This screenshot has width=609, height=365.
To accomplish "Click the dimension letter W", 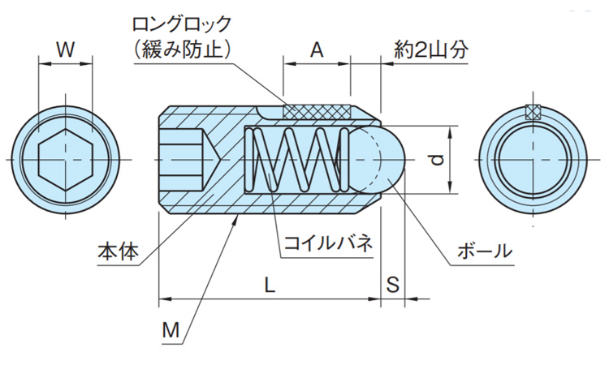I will click(66, 49).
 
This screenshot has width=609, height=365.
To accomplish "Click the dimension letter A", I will click(317, 49).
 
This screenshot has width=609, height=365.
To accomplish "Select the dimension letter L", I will click(270, 285).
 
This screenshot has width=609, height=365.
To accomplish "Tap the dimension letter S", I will click(393, 285).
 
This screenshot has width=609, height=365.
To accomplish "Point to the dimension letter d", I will click(438, 161).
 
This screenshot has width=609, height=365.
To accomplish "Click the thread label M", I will click(170, 331).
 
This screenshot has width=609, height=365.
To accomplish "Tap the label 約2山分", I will click(430, 49).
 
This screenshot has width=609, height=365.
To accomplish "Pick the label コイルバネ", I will click(327, 243).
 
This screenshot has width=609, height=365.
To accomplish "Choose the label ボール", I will click(485, 251).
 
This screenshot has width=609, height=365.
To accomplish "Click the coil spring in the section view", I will click(296, 160).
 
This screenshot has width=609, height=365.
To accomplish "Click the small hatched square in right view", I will click(533, 113).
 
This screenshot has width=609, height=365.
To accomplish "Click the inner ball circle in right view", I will click(533, 160).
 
